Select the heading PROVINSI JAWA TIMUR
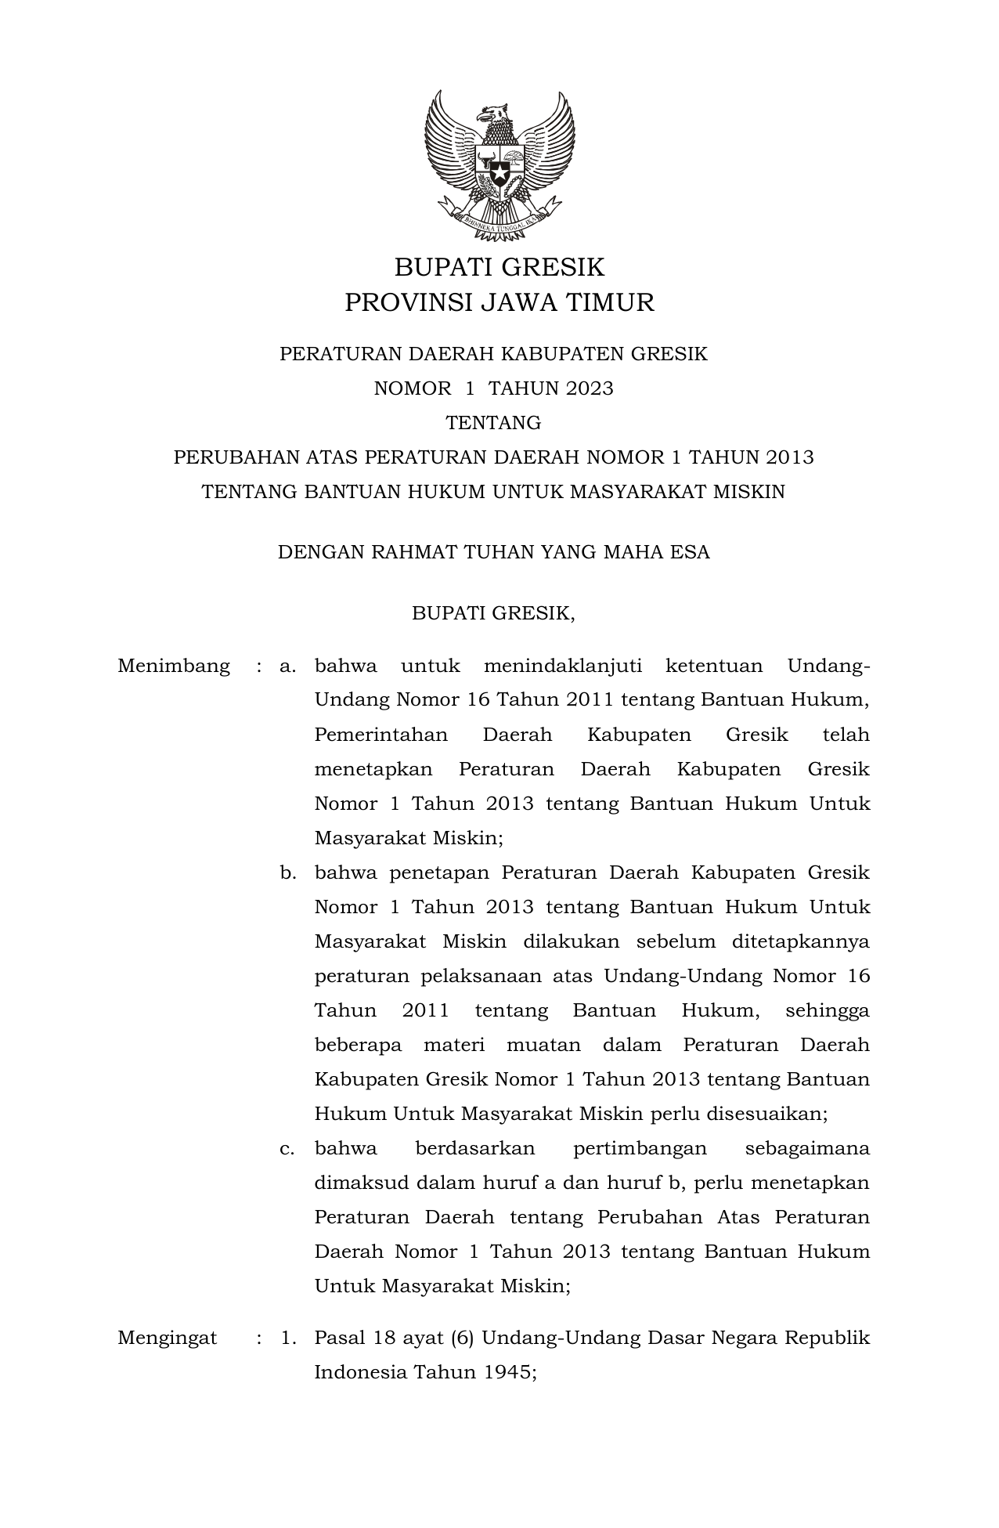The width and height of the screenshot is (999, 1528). tap(499, 302)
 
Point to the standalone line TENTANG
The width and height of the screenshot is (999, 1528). tap(493, 423)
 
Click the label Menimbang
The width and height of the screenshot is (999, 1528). tap(174, 666)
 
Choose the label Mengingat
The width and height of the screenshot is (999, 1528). tap(167, 1338)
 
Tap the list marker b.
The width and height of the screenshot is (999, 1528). tap(288, 872)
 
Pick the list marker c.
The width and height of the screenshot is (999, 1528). tap(287, 1148)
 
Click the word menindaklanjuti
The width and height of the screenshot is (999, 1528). tap(563, 666)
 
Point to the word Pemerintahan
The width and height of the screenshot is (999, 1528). tap(380, 735)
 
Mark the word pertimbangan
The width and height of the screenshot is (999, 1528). tap(640, 1148)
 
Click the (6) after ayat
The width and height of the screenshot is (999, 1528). tap(462, 1338)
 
